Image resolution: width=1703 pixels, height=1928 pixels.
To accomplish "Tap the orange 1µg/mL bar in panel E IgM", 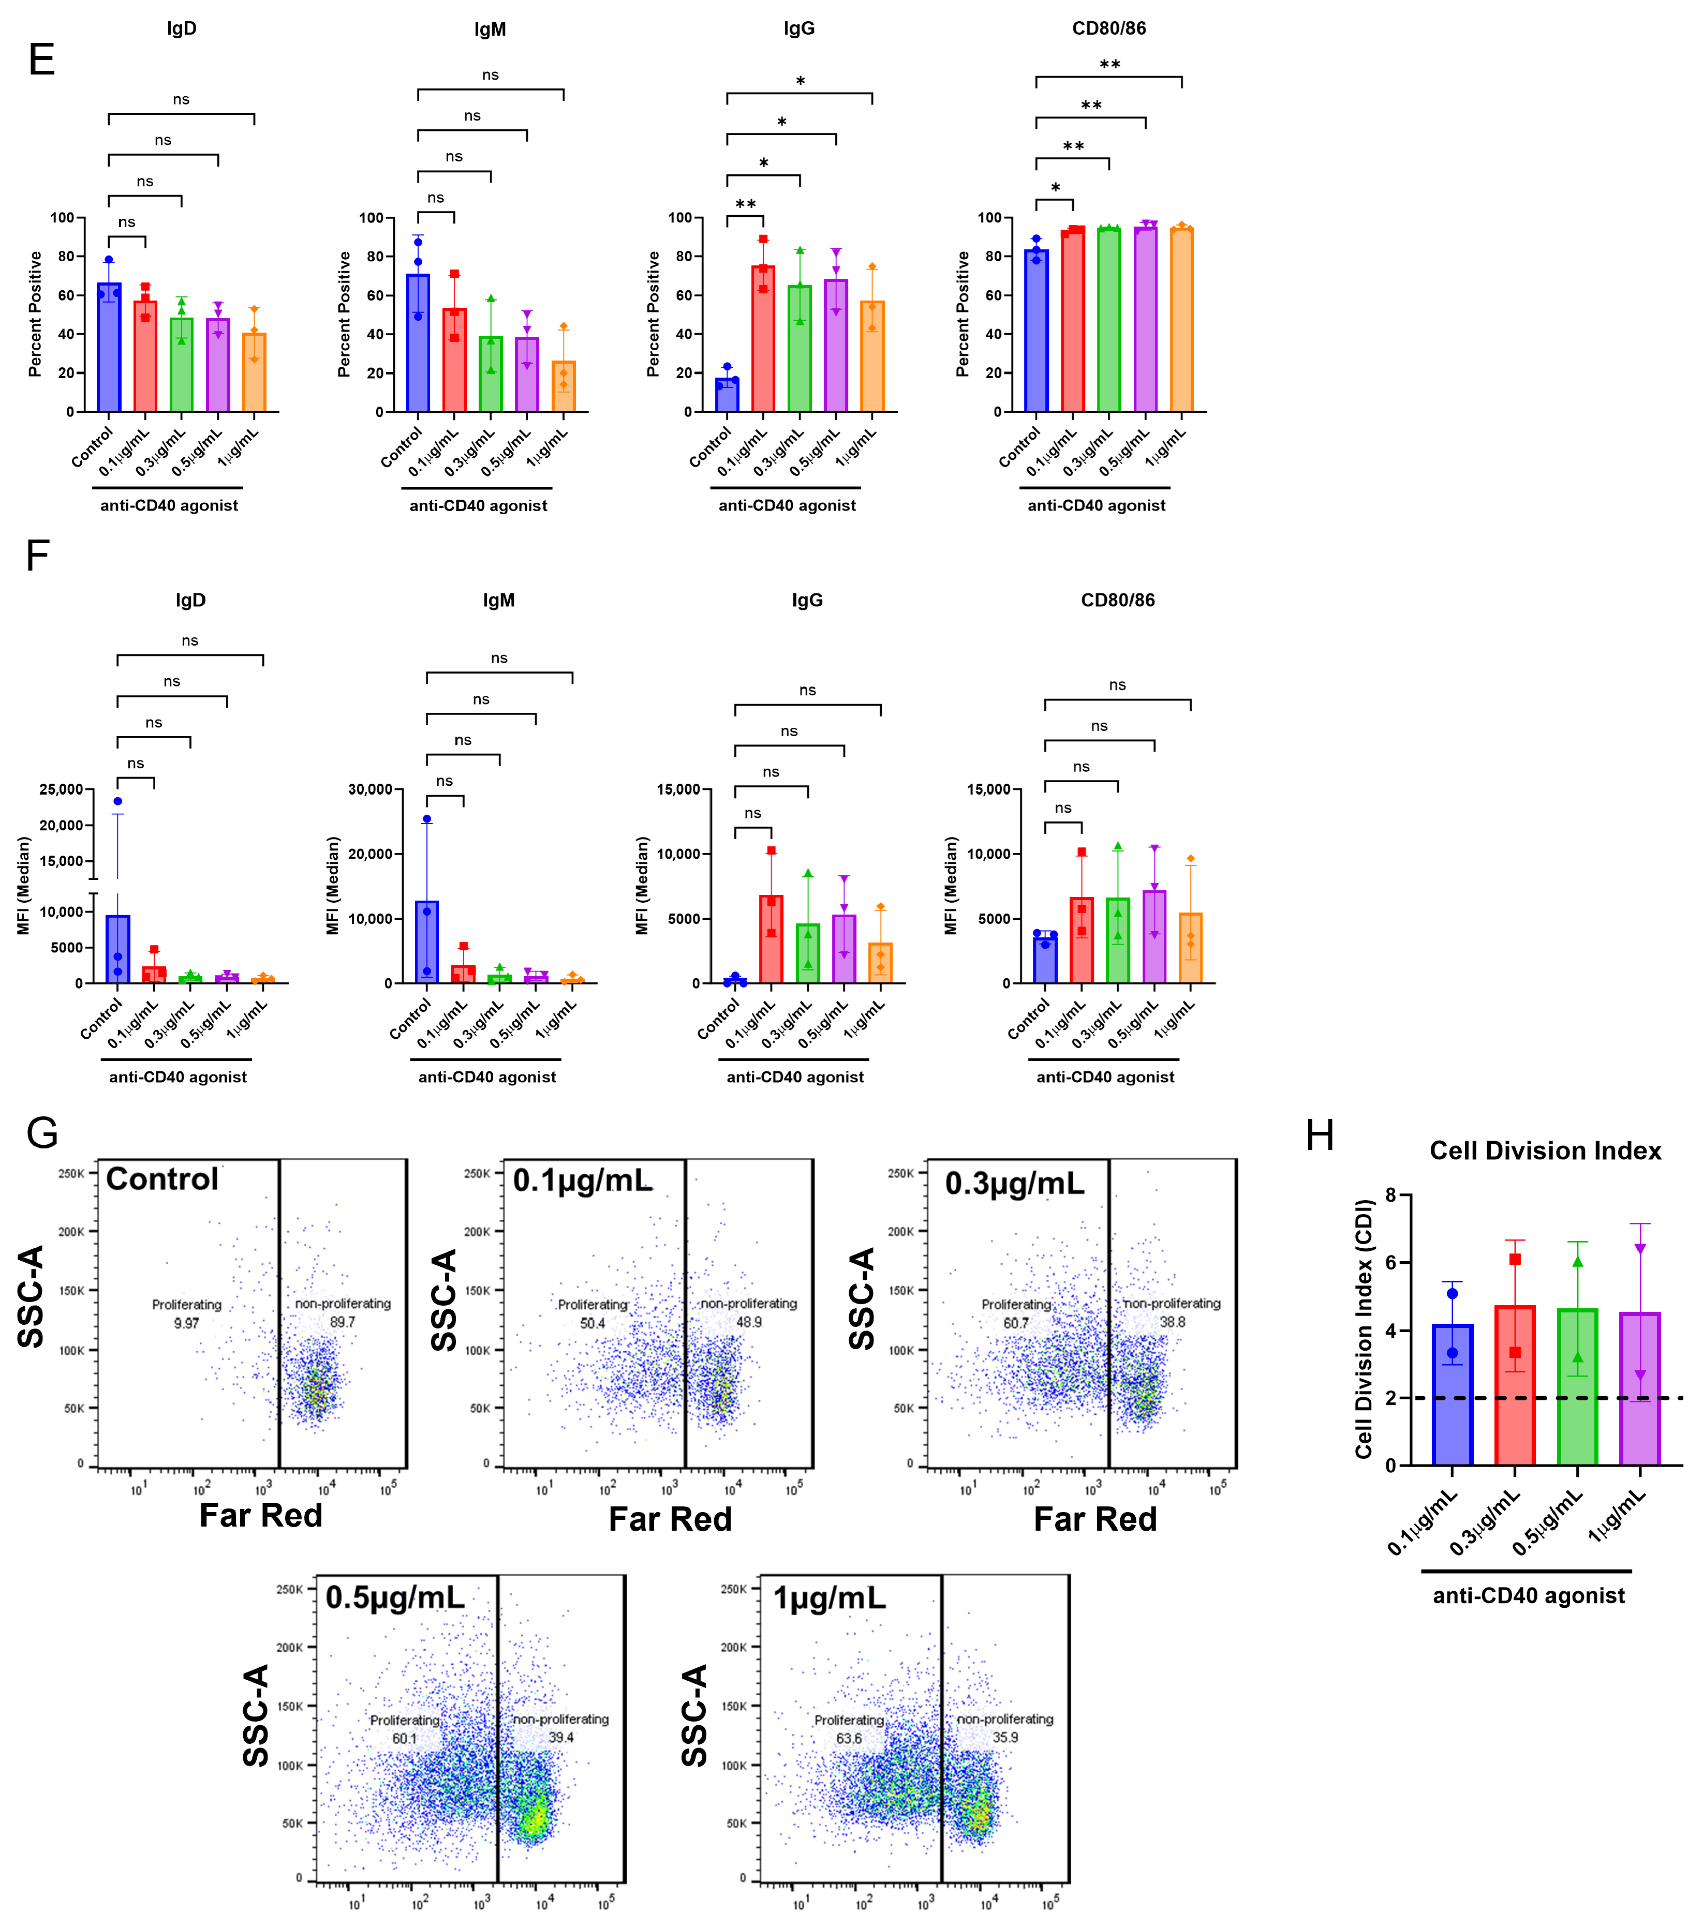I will click(x=563, y=387).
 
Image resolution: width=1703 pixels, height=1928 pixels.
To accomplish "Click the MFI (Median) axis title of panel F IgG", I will click(x=643, y=886).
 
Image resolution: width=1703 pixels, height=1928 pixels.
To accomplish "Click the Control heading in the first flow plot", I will click(x=162, y=1179).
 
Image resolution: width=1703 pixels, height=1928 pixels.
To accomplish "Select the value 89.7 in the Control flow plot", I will click(x=343, y=1322).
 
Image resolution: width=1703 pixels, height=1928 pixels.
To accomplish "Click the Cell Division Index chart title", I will click(x=1545, y=1151).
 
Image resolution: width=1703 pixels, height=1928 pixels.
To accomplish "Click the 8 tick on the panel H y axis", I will click(x=1390, y=1195).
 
